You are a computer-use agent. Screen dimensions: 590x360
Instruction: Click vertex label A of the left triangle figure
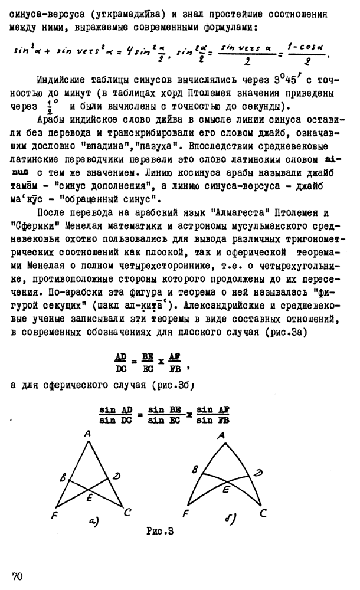[x=87, y=434]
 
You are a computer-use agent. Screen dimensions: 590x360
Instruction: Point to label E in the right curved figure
[x=225, y=489]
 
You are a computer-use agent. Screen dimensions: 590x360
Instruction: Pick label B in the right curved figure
[x=193, y=470]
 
